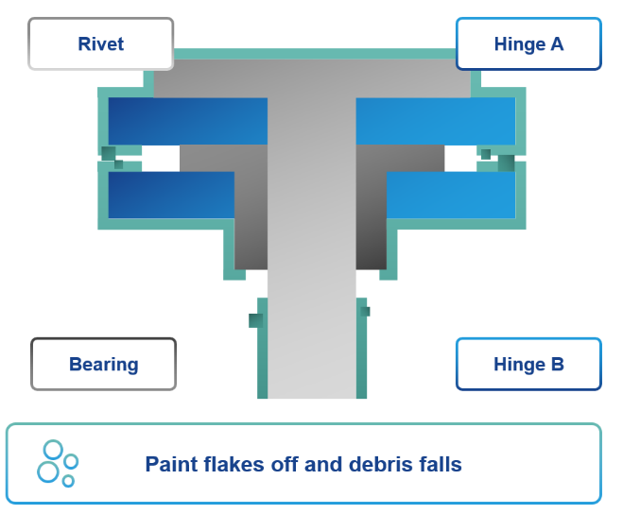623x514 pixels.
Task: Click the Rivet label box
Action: pos(100,43)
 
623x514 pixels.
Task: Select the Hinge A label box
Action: pos(528,43)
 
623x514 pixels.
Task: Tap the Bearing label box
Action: pos(103,364)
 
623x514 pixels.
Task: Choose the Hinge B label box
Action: pos(528,364)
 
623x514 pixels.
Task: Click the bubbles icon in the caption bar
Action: pos(57,462)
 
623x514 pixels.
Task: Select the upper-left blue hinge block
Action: pos(187,121)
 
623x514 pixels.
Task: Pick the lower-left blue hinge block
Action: pos(171,195)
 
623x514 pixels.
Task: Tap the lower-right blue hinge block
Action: pos(451,195)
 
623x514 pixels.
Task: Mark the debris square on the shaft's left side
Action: pos(254,320)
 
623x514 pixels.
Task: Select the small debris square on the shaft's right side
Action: pos(365,311)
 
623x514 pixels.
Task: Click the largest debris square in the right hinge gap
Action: pos(506,163)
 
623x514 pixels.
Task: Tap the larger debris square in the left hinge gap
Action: pos(108,153)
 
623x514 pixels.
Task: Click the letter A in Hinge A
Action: pos(557,43)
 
